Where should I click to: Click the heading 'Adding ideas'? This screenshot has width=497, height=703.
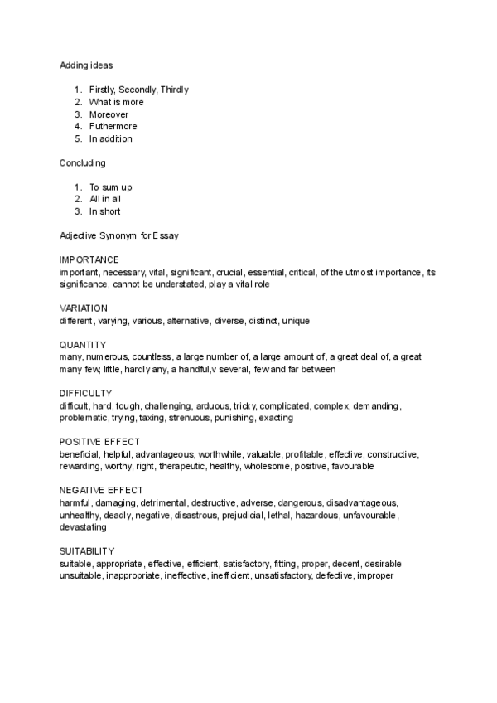click(86, 65)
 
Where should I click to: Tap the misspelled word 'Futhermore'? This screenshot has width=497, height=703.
click(113, 127)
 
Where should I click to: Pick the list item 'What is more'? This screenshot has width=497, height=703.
click(116, 102)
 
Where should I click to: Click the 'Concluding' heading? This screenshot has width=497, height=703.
click(83, 163)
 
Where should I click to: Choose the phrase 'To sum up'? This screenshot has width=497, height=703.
click(110, 187)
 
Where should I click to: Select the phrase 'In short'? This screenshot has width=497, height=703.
click(106, 211)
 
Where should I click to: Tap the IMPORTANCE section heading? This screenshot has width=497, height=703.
click(89, 260)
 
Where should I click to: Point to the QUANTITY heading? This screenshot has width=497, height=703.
click(82, 345)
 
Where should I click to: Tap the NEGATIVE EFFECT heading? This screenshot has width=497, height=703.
click(101, 491)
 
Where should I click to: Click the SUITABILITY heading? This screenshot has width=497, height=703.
click(88, 551)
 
